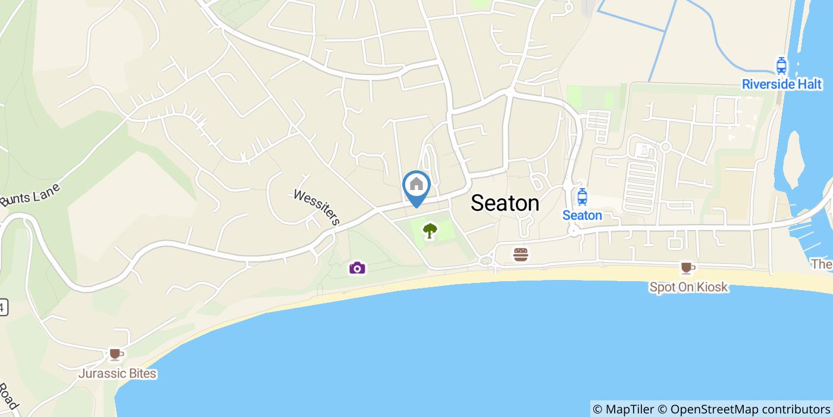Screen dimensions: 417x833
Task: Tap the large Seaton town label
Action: (505, 203)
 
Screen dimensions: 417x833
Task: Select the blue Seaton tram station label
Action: (582, 216)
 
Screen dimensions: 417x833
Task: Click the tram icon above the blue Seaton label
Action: (582, 196)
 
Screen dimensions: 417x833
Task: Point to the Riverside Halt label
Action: (782, 85)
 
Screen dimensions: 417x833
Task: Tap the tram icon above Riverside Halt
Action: (781, 66)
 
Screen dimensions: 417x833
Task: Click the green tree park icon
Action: (430, 230)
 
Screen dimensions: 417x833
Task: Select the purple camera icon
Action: (357, 267)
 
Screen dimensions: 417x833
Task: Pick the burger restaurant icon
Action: (521, 254)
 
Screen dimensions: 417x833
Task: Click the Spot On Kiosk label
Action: (688, 287)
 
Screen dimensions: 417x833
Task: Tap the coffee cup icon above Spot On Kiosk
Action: (687, 268)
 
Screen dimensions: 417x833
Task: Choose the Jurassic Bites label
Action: (117, 374)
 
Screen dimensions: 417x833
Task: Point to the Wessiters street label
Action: (317, 207)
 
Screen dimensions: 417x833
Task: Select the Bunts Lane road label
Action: (31, 194)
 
